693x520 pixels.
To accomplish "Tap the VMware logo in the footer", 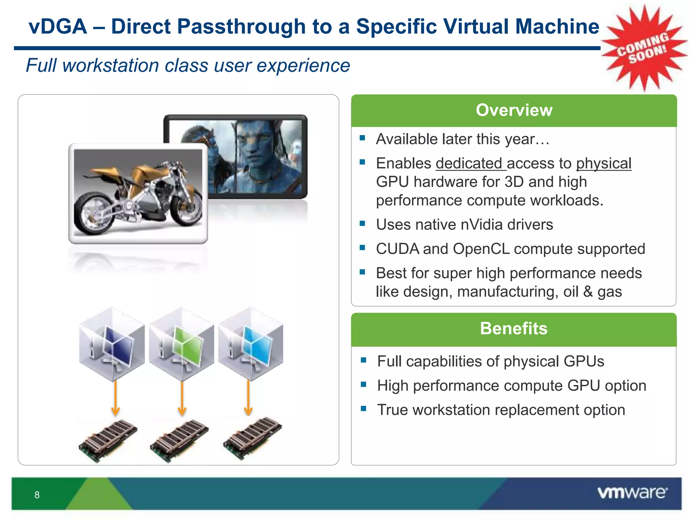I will (x=632, y=493).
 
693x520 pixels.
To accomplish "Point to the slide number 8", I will (x=37, y=495).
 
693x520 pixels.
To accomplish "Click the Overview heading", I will (x=514, y=110).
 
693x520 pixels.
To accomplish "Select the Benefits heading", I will (x=514, y=328).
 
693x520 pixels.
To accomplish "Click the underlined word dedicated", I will (x=470, y=164).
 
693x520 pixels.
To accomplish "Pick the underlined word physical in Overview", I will (x=604, y=164).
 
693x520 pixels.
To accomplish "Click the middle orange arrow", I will (x=182, y=398).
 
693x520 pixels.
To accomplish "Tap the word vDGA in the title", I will (x=58, y=26).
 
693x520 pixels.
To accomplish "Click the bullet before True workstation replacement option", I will (x=364, y=409).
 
